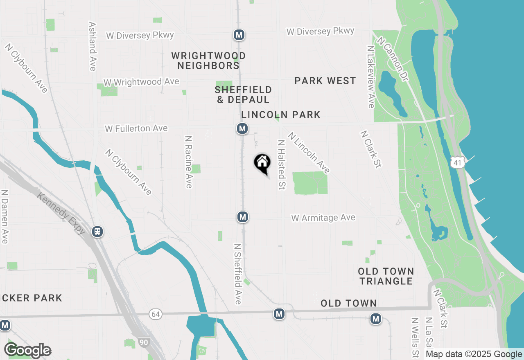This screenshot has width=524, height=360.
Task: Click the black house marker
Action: [262, 163]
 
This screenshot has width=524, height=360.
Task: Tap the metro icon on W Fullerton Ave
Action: [242, 129]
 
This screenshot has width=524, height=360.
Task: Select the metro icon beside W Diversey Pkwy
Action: [239, 35]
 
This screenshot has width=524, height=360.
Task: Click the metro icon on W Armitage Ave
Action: [243, 217]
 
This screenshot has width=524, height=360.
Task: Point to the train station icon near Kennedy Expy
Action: [97, 232]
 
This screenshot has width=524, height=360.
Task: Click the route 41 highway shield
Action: [457, 162]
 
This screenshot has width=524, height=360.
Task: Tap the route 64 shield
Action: [155, 314]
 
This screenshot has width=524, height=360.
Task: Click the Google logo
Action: [27, 351]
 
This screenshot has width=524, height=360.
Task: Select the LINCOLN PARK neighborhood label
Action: [281, 115]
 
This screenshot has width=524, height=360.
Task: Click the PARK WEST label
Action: [325, 81]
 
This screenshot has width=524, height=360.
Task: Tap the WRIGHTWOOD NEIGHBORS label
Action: [209, 61]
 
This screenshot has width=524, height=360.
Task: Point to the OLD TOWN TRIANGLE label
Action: [386, 276]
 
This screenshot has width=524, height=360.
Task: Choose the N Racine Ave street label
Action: [188, 162]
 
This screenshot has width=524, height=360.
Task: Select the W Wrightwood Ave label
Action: [141, 82]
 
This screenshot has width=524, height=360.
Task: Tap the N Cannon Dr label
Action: [393, 59]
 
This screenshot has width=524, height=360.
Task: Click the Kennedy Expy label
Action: [61, 214]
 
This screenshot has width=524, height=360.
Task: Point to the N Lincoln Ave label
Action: [309, 153]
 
